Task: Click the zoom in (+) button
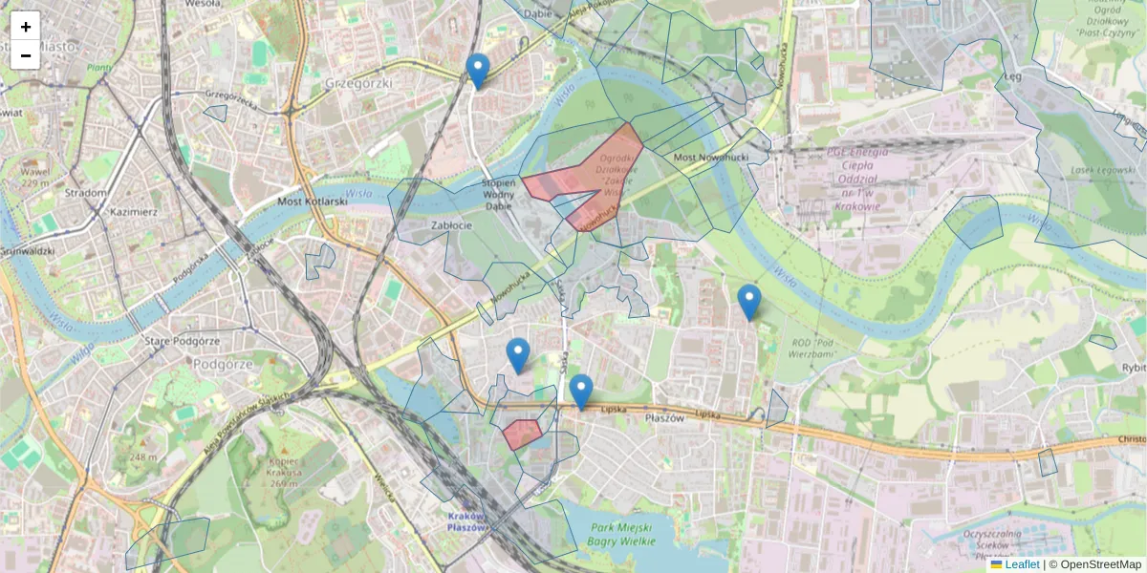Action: point(26,27)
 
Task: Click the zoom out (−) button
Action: point(26,55)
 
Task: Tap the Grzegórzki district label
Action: point(358,83)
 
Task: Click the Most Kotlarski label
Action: point(310,202)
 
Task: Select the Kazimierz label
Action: point(133,211)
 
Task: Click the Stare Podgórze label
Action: point(180,341)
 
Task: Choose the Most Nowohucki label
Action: point(708,156)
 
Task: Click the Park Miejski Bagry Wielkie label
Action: point(620,535)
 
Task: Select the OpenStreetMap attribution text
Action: point(1098,564)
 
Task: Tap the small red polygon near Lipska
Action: point(522,434)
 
